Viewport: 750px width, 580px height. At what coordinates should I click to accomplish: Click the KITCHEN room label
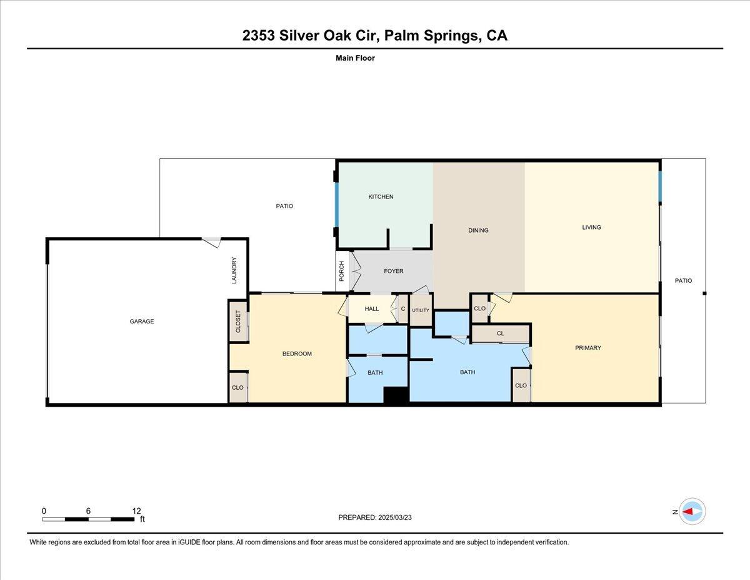[x=381, y=196]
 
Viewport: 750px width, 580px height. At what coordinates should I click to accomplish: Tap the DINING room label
[x=478, y=230]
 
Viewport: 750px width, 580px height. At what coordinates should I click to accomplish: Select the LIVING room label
[x=592, y=227]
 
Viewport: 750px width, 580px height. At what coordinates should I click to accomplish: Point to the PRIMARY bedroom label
[x=588, y=347]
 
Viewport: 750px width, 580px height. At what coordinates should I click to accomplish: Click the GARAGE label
[x=142, y=321]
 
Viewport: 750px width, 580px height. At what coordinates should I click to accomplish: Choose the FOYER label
[x=394, y=271]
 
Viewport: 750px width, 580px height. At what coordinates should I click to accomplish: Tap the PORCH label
[x=342, y=271]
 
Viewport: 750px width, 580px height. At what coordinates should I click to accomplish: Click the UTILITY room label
[x=421, y=310]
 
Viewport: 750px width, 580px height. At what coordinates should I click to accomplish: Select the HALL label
[x=372, y=308]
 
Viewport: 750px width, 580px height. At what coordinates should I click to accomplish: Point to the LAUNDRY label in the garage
[x=234, y=270]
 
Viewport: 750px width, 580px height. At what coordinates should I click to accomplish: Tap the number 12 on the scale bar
[x=136, y=511]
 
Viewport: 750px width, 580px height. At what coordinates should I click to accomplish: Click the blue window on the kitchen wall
[x=336, y=205]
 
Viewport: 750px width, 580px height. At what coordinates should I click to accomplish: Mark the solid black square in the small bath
[x=397, y=395]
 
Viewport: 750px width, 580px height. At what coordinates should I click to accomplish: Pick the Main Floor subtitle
[x=355, y=58]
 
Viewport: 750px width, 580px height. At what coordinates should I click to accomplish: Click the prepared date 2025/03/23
[x=395, y=517]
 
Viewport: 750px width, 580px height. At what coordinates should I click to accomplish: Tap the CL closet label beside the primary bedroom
[x=501, y=333]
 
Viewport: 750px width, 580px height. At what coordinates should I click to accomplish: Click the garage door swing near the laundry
[x=211, y=242]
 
